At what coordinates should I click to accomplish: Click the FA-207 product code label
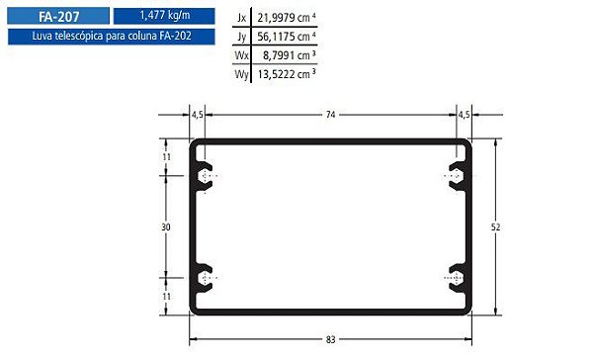(x=59, y=17)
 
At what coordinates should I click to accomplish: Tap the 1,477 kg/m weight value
(x=165, y=16)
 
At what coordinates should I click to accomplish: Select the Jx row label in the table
(x=241, y=18)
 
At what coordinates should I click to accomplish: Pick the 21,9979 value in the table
(x=276, y=18)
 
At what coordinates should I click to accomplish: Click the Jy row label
(x=242, y=37)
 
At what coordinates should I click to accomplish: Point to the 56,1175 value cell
(x=276, y=37)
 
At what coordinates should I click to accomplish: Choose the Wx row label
(x=241, y=55)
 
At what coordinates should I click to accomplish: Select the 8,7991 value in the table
(x=279, y=55)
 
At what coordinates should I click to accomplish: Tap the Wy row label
(x=241, y=74)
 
